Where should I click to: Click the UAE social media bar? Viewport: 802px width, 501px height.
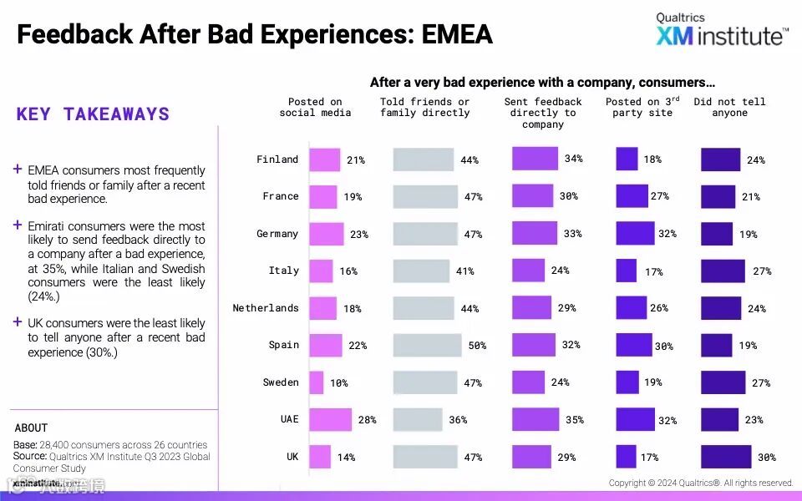tap(330, 420)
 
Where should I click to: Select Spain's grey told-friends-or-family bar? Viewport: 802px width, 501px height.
tap(427, 346)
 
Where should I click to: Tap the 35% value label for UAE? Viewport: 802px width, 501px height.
tap(574, 420)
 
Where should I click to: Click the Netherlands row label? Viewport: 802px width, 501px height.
tap(265, 308)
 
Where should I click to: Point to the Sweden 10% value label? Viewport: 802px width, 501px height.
tap(338, 383)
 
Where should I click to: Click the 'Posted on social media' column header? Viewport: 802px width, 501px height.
tap(315, 108)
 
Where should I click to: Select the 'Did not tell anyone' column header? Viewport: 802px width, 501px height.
tap(729, 108)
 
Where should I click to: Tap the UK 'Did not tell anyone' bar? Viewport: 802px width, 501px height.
tap(725, 457)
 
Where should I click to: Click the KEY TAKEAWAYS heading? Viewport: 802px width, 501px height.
tap(93, 114)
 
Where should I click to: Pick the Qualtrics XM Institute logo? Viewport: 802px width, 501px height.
tap(721, 29)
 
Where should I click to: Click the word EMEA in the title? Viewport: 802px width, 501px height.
tap(457, 34)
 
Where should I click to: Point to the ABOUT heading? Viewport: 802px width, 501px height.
tap(31, 428)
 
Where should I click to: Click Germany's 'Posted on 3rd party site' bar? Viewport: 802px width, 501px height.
tap(632, 234)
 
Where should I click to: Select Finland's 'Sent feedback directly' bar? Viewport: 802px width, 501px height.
tap(535, 159)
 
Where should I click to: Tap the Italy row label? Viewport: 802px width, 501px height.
tap(283, 271)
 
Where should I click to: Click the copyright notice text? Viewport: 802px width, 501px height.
tap(700, 483)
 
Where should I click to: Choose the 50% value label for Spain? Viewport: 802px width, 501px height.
tap(477, 346)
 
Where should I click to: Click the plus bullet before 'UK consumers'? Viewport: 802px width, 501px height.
tap(18, 322)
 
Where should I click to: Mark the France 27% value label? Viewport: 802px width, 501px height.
tap(659, 196)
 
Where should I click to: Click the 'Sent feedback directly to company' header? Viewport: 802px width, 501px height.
tap(543, 113)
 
